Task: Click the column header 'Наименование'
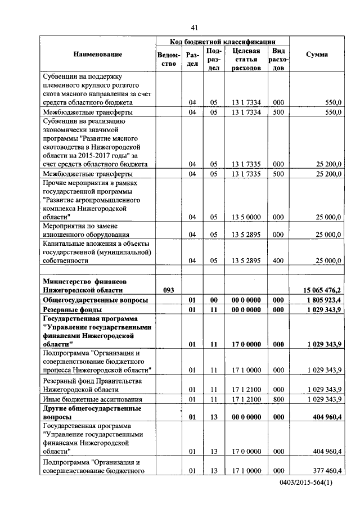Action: [x=97, y=54]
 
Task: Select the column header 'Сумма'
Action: [x=317, y=54]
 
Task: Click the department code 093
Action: [x=169, y=290]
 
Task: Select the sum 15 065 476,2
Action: [x=322, y=290]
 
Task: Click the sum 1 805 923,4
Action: [x=322, y=300]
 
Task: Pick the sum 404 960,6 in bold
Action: [x=325, y=418]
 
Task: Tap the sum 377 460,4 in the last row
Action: [x=325, y=470]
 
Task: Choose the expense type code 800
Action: [x=278, y=399]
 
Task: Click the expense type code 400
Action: [x=278, y=260]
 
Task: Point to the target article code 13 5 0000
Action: [x=245, y=217]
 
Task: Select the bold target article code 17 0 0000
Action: [x=245, y=343]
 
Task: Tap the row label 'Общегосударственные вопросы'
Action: [x=96, y=300]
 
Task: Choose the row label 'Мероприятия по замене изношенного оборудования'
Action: [x=87, y=230]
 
